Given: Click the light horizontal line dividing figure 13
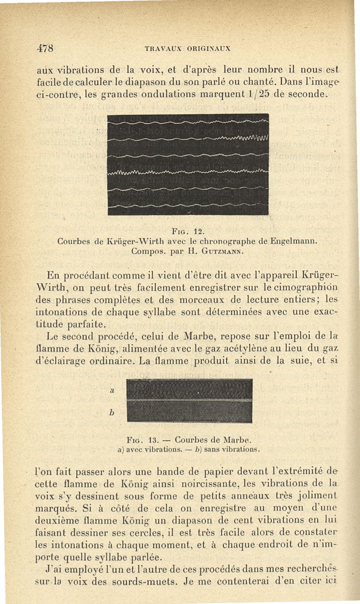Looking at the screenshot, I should click(189, 399).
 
